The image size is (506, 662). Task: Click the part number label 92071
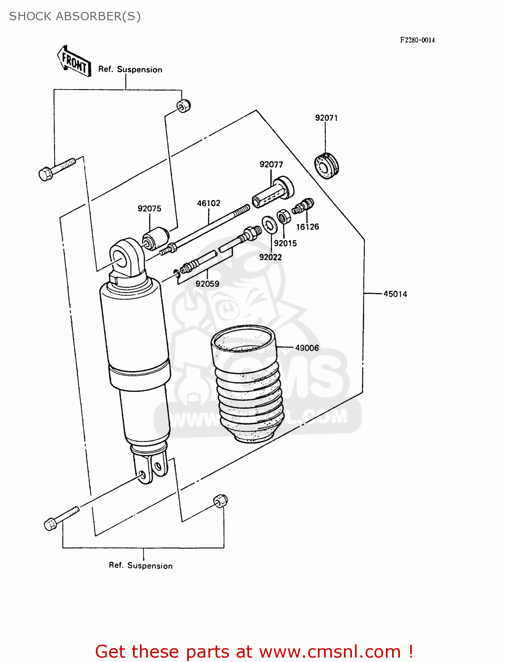click(x=326, y=118)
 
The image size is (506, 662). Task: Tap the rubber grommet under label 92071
click(x=327, y=165)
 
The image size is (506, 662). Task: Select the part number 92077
click(x=271, y=165)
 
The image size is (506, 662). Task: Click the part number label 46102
click(x=208, y=203)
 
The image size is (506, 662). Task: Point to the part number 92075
click(x=149, y=209)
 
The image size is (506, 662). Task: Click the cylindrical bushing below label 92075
click(x=156, y=238)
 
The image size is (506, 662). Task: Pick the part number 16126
click(x=307, y=227)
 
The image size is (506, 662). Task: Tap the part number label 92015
click(x=285, y=243)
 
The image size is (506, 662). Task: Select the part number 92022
click(x=270, y=257)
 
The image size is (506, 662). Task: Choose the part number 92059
click(x=208, y=284)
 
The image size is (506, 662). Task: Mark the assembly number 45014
click(x=395, y=294)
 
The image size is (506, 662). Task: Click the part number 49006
click(x=307, y=348)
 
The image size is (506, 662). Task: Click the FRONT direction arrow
click(x=74, y=62)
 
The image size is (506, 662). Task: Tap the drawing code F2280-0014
click(x=417, y=40)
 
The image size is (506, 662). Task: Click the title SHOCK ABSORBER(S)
click(x=75, y=16)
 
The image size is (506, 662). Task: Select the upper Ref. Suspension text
click(x=130, y=70)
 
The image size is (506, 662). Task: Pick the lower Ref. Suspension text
click(x=141, y=566)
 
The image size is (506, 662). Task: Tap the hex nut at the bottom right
click(x=220, y=501)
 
